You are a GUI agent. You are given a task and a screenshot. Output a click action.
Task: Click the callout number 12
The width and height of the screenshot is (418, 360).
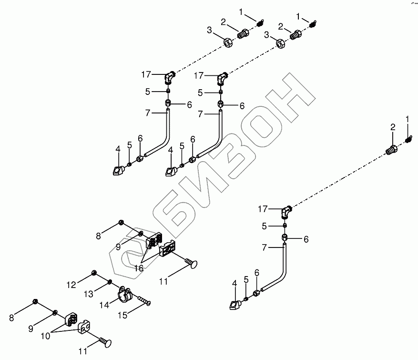pyautogui.click(x=71, y=285)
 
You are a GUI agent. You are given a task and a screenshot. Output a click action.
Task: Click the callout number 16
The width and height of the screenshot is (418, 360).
pyautogui.click(x=138, y=268)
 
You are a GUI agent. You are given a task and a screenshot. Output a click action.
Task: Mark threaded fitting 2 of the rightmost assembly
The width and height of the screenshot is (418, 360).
pyautogui.click(x=391, y=150)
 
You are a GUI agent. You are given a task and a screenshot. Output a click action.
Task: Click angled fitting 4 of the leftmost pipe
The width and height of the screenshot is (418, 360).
pyautogui.click(x=117, y=169)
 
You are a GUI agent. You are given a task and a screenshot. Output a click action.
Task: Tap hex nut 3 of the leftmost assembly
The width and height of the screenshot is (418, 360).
pyautogui.click(x=227, y=42)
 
